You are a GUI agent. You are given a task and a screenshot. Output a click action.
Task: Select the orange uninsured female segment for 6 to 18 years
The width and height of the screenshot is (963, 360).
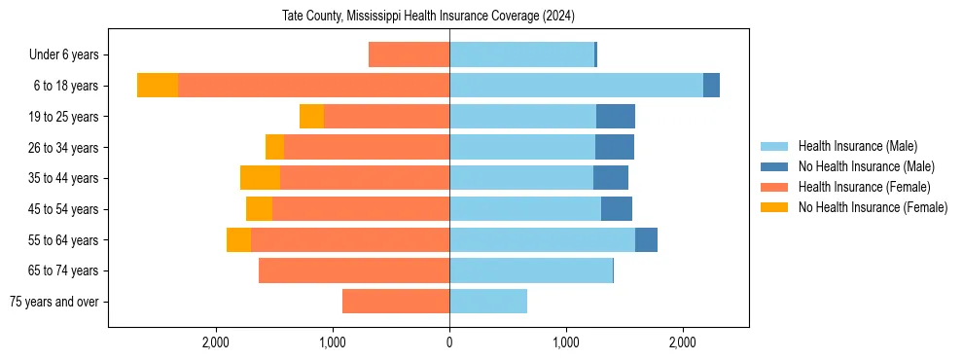[x=158, y=86]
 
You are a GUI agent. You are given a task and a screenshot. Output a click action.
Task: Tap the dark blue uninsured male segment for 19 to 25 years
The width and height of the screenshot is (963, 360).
[x=616, y=117]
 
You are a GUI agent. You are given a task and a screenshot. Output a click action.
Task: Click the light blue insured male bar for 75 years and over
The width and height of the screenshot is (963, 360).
[x=488, y=302]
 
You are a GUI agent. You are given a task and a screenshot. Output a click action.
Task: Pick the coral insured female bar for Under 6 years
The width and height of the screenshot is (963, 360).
[x=409, y=55]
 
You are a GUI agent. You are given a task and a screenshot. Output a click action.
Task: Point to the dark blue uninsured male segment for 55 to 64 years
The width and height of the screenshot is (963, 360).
[x=646, y=240]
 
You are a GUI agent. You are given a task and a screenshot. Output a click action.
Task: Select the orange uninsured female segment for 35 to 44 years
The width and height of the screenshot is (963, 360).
[x=260, y=178]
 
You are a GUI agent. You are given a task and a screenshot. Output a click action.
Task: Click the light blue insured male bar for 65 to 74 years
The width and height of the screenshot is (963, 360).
[x=531, y=270]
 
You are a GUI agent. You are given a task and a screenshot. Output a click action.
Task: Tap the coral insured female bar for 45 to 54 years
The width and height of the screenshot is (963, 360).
[x=361, y=209]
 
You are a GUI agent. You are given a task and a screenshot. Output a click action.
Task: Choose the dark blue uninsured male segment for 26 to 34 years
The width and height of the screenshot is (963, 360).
[x=615, y=148]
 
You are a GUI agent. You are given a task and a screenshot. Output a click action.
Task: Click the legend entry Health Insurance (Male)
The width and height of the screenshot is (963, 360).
[x=857, y=146]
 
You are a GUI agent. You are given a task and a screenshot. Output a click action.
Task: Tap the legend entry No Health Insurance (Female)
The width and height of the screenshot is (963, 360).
[x=872, y=207]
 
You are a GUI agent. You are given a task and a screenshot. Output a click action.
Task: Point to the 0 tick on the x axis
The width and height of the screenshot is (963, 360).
[x=449, y=342]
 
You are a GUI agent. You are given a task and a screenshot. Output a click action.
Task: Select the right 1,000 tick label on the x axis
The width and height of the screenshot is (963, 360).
[x=566, y=342]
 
